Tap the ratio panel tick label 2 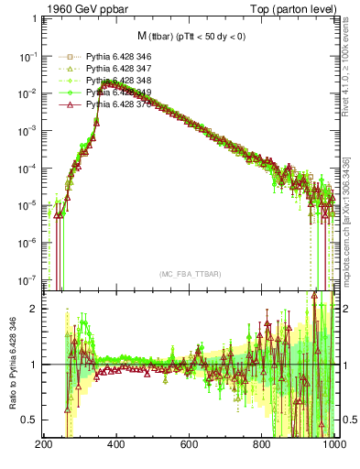coord(35,309)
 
